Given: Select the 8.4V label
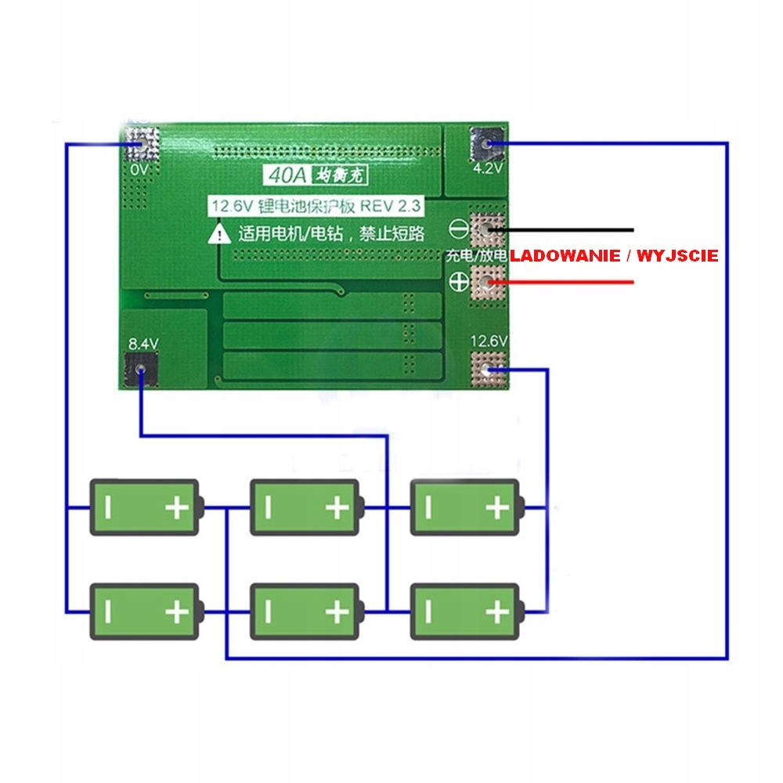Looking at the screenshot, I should click(143, 343).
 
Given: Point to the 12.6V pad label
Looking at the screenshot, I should click(489, 341).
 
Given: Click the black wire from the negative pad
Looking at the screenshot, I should click(572, 229).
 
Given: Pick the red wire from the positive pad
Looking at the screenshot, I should click(572, 282).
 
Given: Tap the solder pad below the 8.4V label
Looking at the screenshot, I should click(141, 370).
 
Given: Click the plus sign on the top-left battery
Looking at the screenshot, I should click(177, 508).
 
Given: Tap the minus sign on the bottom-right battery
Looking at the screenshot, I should click(428, 612).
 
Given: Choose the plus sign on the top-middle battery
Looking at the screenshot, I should click(337, 508).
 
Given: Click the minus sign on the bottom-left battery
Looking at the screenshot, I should click(109, 612).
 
